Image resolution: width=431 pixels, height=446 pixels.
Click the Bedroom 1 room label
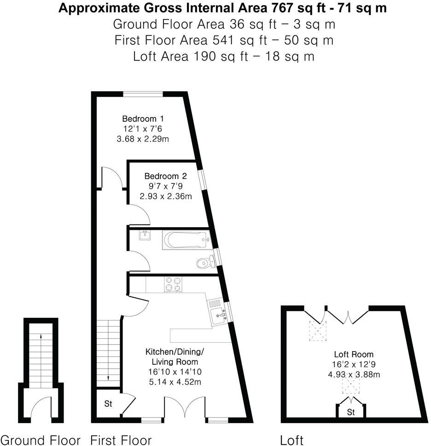coord(143,118)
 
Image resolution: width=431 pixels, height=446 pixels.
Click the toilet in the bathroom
coord(204,263)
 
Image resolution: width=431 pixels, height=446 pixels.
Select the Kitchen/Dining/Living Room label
coord(175,357)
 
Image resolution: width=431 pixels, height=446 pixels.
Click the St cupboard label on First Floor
coord(108,404)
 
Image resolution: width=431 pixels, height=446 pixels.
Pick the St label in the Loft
coord(351,411)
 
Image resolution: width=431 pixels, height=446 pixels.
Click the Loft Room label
coord(354,354)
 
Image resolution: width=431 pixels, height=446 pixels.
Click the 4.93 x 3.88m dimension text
coord(354,374)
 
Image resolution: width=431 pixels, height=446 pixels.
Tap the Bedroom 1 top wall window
coord(143,94)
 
